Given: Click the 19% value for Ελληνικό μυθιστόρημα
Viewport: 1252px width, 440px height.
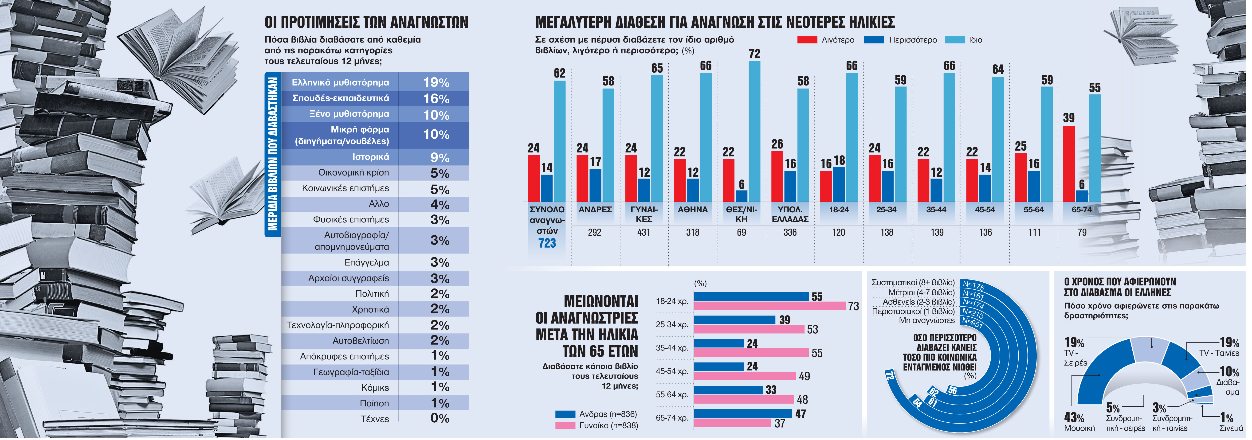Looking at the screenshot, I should [436, 82].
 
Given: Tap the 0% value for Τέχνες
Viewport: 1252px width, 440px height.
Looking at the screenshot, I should [439, 418].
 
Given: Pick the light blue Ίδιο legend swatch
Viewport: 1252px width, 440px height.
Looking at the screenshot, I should [954, 40].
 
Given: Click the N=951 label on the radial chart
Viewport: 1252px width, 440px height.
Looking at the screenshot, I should [972, 323].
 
